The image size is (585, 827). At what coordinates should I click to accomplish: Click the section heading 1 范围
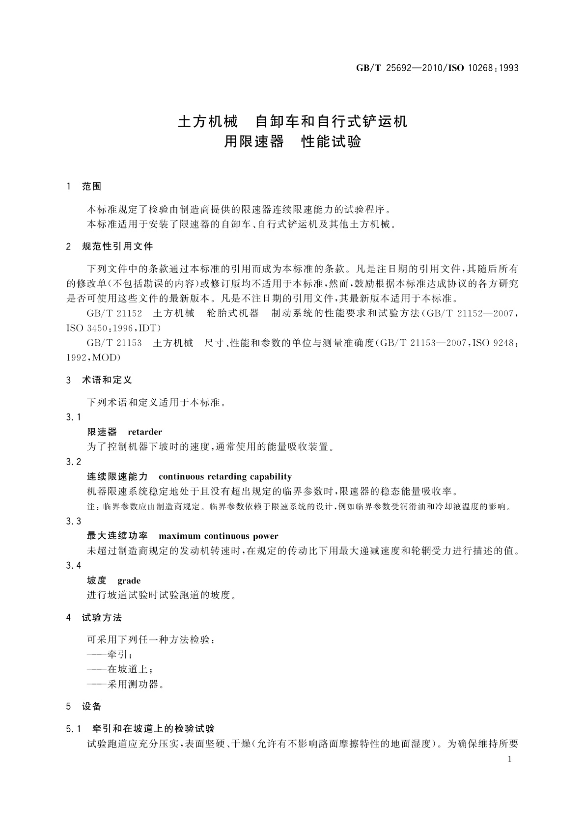(x=84, y=187)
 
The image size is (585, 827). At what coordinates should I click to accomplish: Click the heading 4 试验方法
(x=94, y=617)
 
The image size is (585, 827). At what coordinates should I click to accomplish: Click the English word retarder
(x=145, y=432)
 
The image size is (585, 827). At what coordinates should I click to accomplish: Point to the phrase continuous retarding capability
(x=225, y=476)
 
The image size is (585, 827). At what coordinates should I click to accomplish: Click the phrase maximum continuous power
(x=218, y=536)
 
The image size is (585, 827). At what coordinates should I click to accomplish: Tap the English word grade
(x=129, y=580)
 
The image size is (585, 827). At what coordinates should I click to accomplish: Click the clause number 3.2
(x=73, y=462)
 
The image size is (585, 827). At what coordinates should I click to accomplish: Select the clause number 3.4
(x=73, y=566)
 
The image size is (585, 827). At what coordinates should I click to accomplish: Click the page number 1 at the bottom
(x=509, y=759)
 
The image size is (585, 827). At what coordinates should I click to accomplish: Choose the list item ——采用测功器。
(x=125, y=684)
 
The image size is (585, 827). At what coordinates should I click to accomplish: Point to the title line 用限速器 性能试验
(x=292, y=142)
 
